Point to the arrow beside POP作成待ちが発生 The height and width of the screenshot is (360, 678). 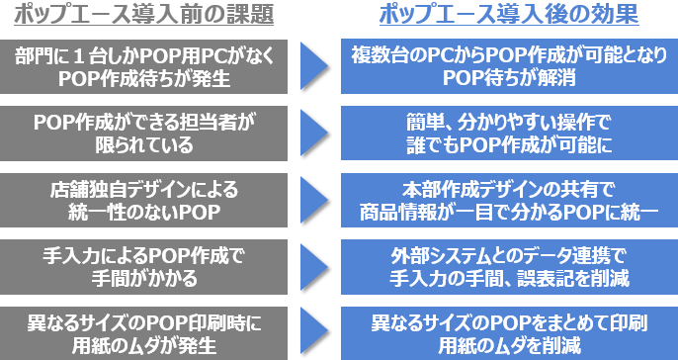click(x=313, y=66)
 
